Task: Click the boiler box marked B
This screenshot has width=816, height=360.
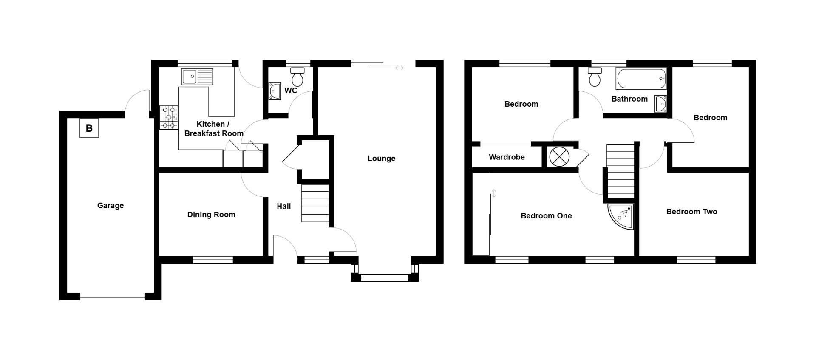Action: pos(89,128)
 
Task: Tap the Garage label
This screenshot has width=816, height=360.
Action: pos(110,206)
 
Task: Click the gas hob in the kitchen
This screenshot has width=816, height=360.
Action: pos(169,117)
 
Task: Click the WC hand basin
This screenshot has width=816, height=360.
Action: pos(275,91)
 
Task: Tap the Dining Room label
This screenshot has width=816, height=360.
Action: pos(211,215)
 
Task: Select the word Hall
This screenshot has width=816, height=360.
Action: pos(284,206)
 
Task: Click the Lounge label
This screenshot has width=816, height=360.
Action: pos(381,159)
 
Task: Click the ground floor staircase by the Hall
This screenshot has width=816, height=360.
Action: pos(315,203)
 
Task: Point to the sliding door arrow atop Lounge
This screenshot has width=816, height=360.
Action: pos(399,68)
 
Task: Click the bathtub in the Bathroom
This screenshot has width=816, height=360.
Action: pos(641,79)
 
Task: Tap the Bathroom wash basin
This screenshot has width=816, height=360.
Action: pos(660,104)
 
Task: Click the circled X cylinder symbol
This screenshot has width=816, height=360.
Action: pos(559,157)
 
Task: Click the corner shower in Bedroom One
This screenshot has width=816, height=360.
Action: pos(620,216)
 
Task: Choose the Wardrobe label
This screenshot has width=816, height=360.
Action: pos(507,157)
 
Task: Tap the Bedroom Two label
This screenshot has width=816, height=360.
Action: pos(691,212)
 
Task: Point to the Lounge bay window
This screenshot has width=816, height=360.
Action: pos(385,278)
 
